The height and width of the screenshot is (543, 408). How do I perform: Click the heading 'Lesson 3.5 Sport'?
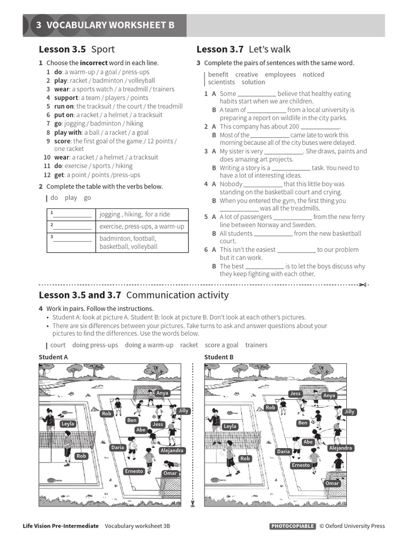pyautogui.click(x=76, y=49)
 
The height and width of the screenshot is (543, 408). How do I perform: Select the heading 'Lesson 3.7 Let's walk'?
pyautogui.click(x=243, y=49)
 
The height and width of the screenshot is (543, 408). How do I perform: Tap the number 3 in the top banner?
pyautogui.click(x=39, y=25)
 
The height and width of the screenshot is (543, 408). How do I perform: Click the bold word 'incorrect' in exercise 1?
pyautogui.click(x=93, y=63)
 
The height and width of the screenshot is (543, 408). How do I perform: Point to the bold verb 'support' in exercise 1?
pyautogui.click(x=66, y=98)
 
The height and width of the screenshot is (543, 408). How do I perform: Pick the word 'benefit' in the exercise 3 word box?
pyautogui.click(x=218, y=75)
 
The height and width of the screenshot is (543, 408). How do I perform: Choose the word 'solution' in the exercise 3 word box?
pyautogui.click(x=253, y=82)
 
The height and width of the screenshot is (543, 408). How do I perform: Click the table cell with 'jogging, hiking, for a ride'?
pyautogui.click(x=142, y=214)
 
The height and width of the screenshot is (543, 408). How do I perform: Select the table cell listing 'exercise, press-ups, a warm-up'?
pyautogui.click(x=142, y=226)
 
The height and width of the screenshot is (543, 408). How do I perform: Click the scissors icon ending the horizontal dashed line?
pyautogui.click(x=364, y=285)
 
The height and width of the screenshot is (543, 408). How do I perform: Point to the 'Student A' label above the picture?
pyautogui.click(x=53, y=357)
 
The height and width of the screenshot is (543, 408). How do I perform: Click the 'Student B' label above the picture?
pyautogui.click(x=219, y=357)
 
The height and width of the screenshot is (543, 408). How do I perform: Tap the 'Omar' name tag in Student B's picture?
pyautogui.click(x=332, y=484)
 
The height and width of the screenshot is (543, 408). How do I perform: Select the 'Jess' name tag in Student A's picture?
pyautogui.click(x=158, y=424)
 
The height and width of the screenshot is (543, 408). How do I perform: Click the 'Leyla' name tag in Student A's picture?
pyautogui.click(x=68, y=424)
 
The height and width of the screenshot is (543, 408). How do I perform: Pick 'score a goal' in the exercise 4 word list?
pyautogui.click(x=222, y=345)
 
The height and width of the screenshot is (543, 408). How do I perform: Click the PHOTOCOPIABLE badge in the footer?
pyautogui.click(x=292, y=526)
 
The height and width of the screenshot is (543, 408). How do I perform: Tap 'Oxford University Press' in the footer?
pyautogui.click(x=355, y=526)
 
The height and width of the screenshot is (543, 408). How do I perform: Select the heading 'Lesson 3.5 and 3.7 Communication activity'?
pyautogui.click(x=134, y=295)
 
